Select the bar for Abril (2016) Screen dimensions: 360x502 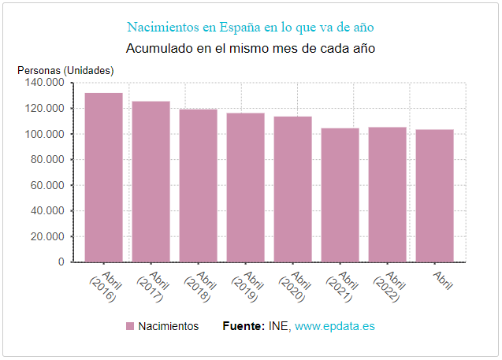[103, 177]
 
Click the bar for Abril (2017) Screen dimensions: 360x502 [151, 181]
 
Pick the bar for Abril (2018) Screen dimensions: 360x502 [198, 185]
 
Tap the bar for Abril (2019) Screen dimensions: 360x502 [245, 187]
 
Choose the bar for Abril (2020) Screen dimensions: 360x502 [292, 189]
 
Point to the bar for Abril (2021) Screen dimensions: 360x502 [340, 195]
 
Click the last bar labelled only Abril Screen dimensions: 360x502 [434, 195]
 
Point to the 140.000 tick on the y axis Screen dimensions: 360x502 [44, 83]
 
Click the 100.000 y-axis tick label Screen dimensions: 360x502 [44, 134]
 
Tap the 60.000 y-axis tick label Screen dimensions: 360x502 [47, 185]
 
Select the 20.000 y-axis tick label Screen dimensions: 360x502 [47, 236]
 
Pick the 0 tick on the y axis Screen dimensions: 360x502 [61, 262]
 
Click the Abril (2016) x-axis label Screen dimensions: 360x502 [104, 287]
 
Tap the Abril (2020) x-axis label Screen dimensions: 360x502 [293, 287]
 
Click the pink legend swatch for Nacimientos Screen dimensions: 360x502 [131, 326]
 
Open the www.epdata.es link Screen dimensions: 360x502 [334, 326]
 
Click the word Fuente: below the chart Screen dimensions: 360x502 [244, 326]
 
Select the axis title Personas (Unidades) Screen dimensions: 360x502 [65, 70]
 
